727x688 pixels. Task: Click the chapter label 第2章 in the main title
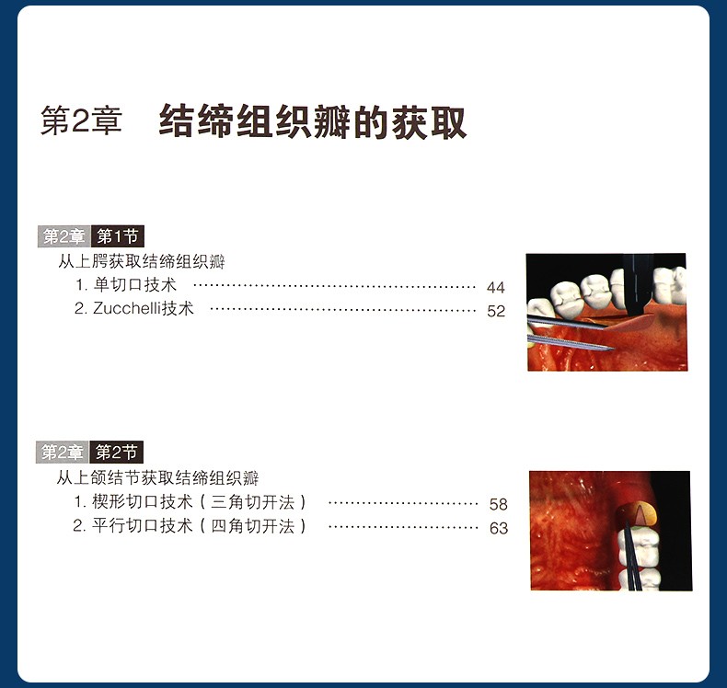click(81, 120)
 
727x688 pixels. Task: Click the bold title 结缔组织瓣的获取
click(313, 121)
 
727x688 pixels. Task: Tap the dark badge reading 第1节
click(117, 236)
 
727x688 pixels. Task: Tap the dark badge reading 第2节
click(116, 453)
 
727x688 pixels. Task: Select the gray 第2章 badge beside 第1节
click(64, 236)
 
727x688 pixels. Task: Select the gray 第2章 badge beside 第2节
click(63, 453)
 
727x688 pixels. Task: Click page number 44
click(496, 287)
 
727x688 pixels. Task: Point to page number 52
click(496, 311)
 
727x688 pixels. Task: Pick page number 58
click(499, 504)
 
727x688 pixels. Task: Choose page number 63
click(499, 528)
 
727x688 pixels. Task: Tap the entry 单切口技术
click(134, 284)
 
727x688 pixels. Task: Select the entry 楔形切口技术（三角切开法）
click(199, 502)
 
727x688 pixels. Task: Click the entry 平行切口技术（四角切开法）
click(199, 526)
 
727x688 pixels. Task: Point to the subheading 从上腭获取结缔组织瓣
click(142, 262)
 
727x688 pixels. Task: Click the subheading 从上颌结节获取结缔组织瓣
click(157, 477)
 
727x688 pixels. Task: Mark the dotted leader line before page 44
click(334, 286)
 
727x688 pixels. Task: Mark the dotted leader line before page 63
click(403, 527)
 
